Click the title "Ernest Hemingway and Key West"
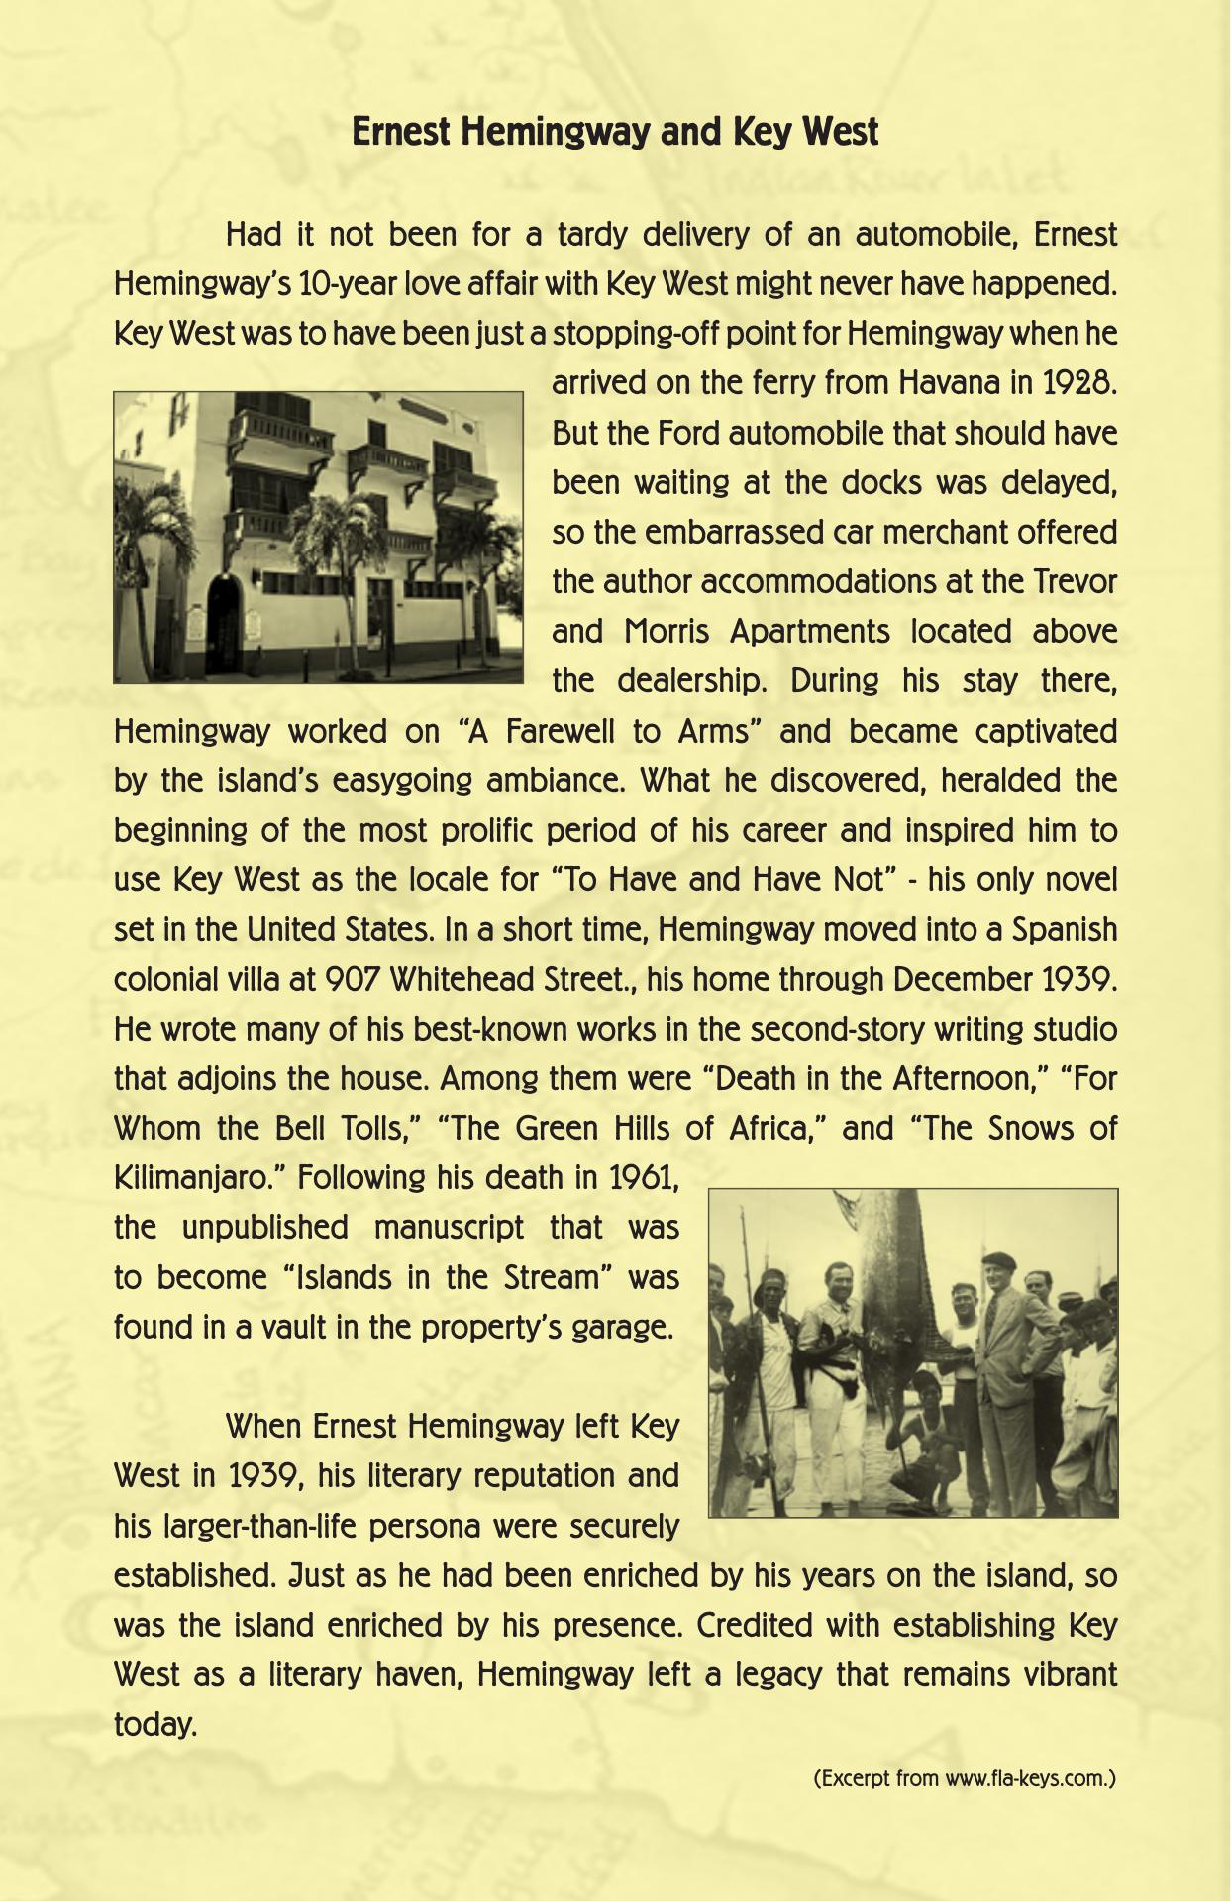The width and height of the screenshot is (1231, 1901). point(615,132)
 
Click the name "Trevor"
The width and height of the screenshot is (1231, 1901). point(1075,582)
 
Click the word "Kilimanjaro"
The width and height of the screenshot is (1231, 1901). point(198,1179)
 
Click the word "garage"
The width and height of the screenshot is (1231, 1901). point(624,1328)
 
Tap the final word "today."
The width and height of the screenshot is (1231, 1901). point(155,1725)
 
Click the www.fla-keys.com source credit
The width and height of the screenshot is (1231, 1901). point(965,1778)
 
